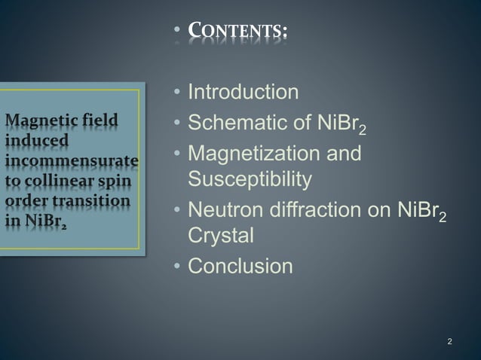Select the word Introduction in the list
click(x=243, y=93)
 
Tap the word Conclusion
click(x=240, y=266)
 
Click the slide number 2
click(x=450, y=343)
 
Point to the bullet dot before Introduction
click(x=176, y=94)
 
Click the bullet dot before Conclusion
click(x=176, y=267)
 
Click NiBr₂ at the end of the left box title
click(x=41, y=223)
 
